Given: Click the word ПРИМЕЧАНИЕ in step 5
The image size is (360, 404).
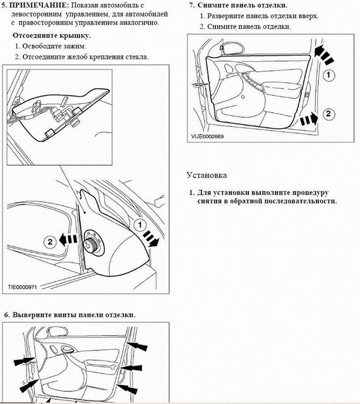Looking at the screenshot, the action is point(38,5).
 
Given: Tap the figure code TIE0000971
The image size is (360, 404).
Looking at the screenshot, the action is point(22,287).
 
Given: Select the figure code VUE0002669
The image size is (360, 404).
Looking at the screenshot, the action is point(207,136).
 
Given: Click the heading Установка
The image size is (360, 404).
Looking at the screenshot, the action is point(207,175).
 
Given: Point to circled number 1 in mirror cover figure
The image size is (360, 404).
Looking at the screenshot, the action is point(140,225).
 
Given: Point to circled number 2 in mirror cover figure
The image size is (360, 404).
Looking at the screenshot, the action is point(50,242).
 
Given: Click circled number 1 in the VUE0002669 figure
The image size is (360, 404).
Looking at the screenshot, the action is point(328,75).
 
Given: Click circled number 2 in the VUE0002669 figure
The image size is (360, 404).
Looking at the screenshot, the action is point(328,114).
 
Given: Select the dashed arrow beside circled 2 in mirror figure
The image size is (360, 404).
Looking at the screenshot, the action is point(68,240).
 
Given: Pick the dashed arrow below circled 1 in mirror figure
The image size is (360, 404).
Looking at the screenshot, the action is point(152,239).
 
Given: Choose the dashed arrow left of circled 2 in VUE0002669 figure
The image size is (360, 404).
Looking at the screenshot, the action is point(309,119).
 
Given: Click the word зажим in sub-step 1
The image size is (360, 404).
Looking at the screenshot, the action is point(75,46).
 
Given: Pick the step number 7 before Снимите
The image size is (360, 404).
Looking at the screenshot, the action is point(192,5).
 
